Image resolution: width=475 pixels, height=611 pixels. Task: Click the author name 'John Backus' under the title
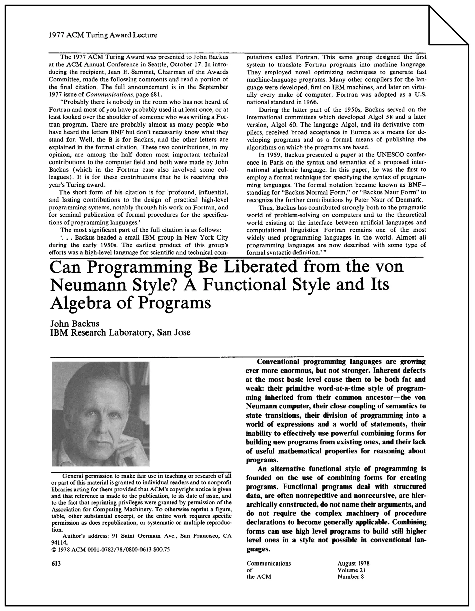pos(75,323)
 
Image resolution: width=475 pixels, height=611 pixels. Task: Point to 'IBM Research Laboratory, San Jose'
pos(120,332)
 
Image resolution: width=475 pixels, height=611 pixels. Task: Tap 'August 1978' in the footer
pos(353,564)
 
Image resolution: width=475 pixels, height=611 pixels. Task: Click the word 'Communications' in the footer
pos(269,564)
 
